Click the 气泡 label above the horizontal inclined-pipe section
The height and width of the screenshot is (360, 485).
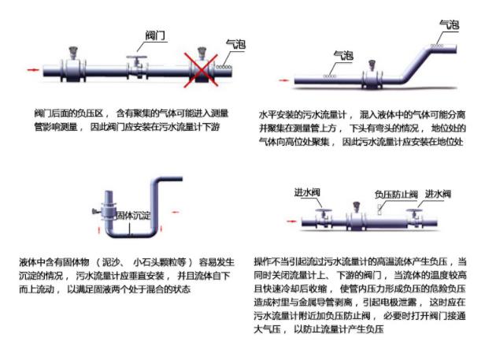pos(343,55)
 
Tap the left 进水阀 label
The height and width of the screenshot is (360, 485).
pos(306,193)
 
